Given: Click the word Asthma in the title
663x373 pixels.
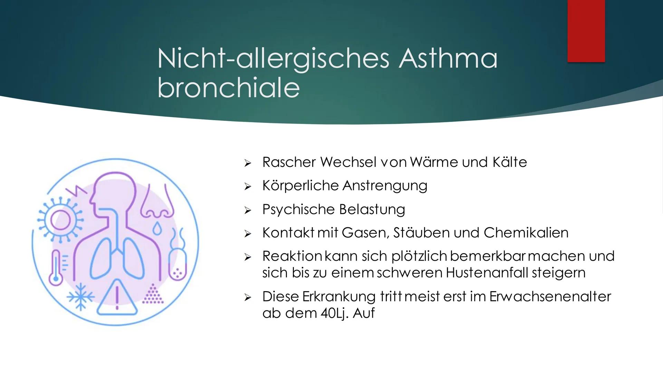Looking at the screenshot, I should click(x=448, y=58).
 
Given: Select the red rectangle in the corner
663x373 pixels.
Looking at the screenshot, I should click(x=586, y=31).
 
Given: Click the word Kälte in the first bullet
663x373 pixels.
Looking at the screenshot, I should click(x=510, y=162).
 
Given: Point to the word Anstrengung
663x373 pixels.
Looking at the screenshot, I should click(x=385, y=186).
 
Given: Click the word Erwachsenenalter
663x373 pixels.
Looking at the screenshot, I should click(x=550, y=297).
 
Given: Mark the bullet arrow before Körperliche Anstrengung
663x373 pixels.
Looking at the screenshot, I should click(x=247, y=187).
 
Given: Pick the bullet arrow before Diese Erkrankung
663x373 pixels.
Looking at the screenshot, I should click(x=247, y=297).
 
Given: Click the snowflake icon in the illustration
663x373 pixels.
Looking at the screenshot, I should click(x=80, y=297).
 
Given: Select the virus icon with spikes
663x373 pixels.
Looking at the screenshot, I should click(x=60, y=220).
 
